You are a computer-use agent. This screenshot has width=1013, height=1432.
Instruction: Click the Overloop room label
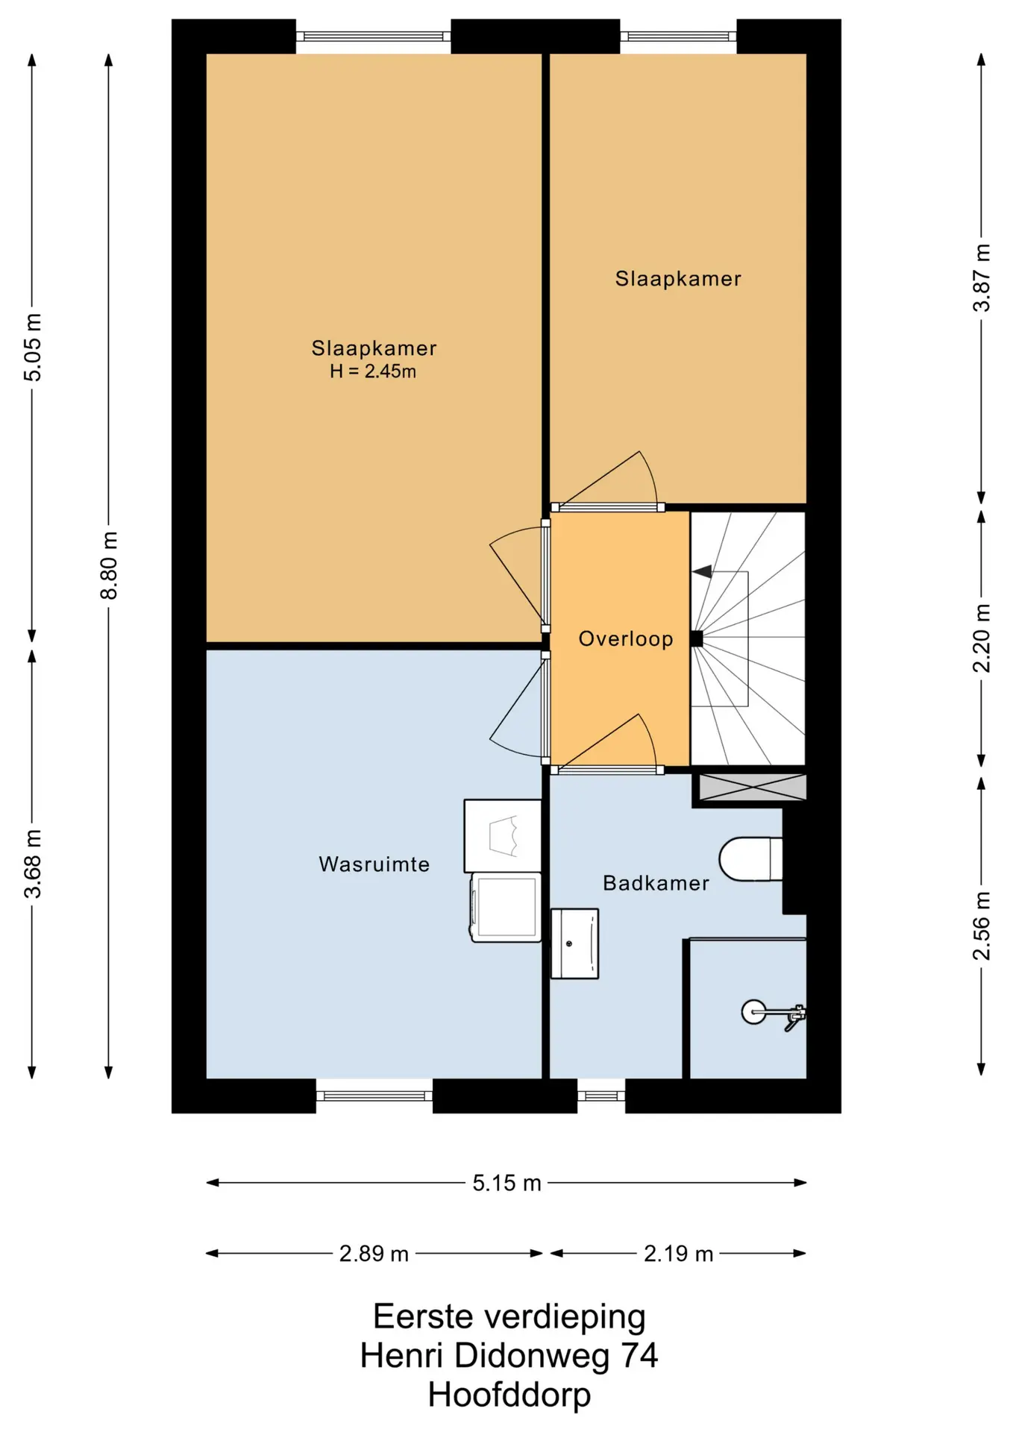pyautogui.click(x=626, y=638)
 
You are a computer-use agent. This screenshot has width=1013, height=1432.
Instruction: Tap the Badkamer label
pyautogui.click(x=656, y=883)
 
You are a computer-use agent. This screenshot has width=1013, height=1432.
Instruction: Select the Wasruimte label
pyautogui.click(x=374, y=864)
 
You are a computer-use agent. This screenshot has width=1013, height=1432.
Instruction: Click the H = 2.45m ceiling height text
pyautogui.click(x=373, y=371)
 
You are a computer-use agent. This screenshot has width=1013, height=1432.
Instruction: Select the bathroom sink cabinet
pyautogui.click(x=574, y=943)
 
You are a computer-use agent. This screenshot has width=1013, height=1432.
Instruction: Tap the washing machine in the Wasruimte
pyautogui.click(x=506, y=908)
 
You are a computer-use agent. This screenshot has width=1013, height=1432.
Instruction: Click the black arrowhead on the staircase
pyautogui.click(x=702, y=572)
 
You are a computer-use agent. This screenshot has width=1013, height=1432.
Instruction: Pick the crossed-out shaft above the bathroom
pyautogui.click(x=753, y=788)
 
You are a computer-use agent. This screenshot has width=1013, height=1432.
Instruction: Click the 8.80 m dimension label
pyautogui.click(x=109, y=565)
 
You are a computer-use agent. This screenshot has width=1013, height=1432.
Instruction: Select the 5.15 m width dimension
pyautogui.click(x=506, y=1183)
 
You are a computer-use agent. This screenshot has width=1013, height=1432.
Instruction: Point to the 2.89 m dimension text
pyautogui.click(x=374, y=1254)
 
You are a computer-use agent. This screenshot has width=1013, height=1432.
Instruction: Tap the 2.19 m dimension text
pyautogui.click(x=678, y=1254)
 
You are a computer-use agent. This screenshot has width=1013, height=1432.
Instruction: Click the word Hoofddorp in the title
pyautogui.click(x=509, y=1395)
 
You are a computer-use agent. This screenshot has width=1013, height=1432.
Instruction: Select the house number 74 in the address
pyautogui.click(x=639, y=1355)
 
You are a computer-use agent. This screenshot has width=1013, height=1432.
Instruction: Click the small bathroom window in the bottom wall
pyautogui.click(x=601, y=1096)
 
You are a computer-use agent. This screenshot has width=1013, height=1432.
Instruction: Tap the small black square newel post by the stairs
pyautogui.click(x=697, y=638)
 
